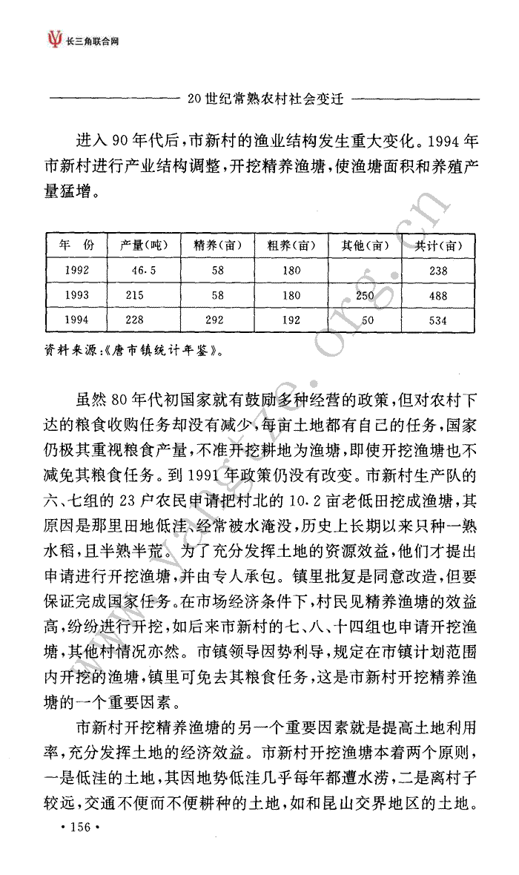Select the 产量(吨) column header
pyautogui.click(x=144, y=245)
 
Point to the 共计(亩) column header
pyautogui.click(x=439, y=245)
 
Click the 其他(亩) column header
pyautogui.click(x=365, y=245)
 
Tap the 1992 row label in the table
pyautogui.click(x=77, y=271)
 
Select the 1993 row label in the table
pyautogui.click(x=77, y=295)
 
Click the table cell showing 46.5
pyautogui.click(x=144, y=271)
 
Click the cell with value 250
pyautogui.click(x=365, y=295)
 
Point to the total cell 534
pyautogui.click(x=439, y=320)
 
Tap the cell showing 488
pyautogui.click(x=439, y=295)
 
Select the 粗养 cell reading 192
pyautogui.click(x=291, y=320)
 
